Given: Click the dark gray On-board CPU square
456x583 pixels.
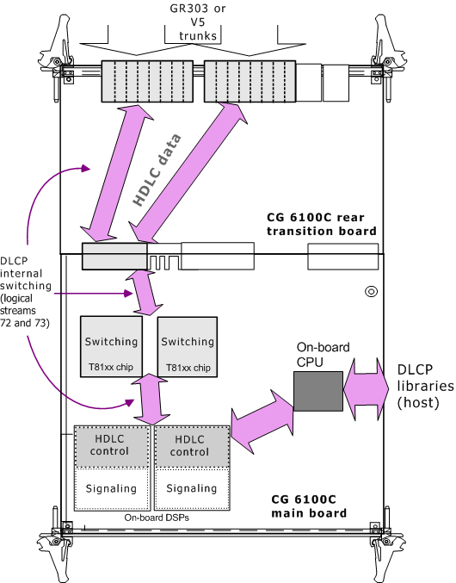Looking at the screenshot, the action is click(318, 391).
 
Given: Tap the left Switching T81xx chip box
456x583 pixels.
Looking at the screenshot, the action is click(111, 346).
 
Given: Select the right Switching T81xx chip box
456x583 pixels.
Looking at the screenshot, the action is click(188, 347).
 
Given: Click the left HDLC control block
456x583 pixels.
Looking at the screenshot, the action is click(112, 447).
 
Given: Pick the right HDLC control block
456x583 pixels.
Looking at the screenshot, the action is click(192, 447).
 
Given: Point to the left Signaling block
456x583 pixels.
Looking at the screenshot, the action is click(112, 489).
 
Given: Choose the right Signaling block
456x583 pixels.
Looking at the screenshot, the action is click(192, 489).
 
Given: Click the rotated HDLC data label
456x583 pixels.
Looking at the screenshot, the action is click(157, 170).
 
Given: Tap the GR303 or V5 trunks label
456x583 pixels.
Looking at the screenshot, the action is click(198, 22).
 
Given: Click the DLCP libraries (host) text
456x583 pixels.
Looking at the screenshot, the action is click(426, 386).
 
